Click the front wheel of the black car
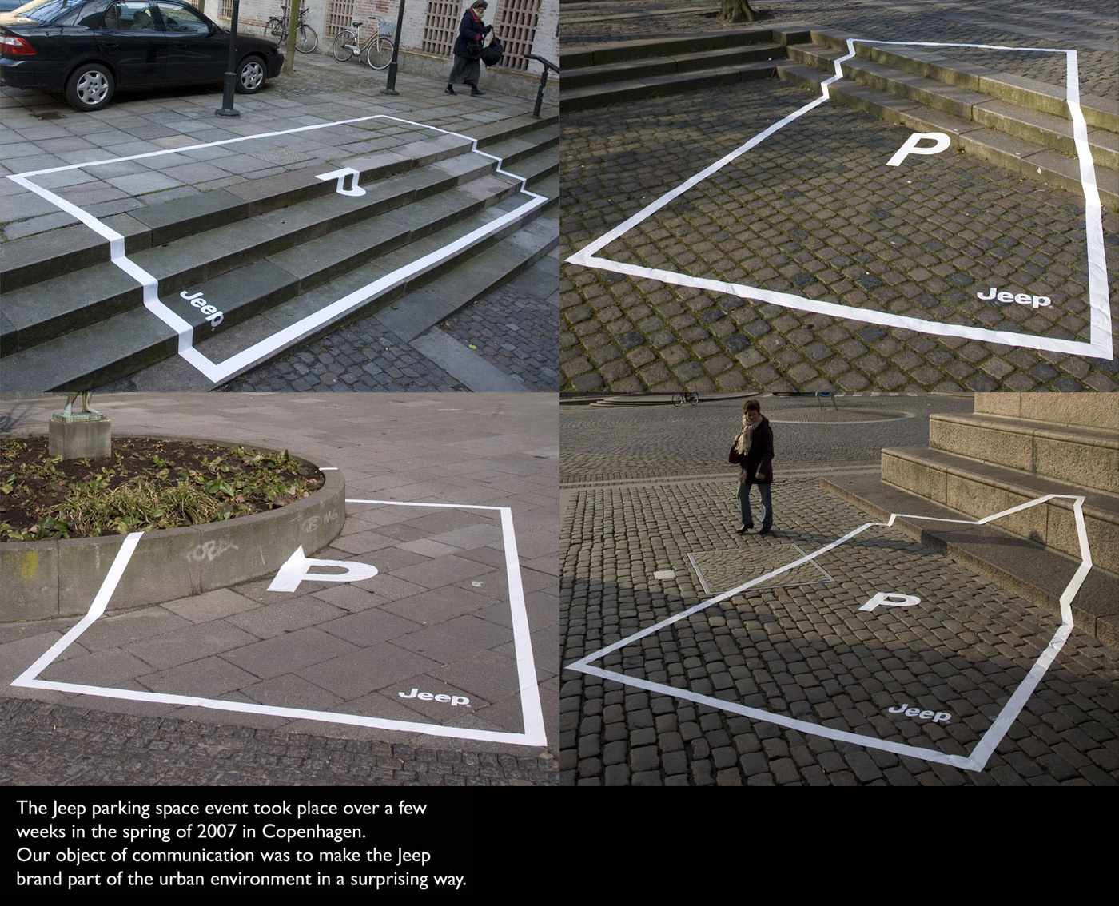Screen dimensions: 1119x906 (252, 74)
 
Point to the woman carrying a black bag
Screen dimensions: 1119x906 (472, 48)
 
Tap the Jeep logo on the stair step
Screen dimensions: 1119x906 (201, 309)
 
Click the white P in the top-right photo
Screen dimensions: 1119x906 (918, 149)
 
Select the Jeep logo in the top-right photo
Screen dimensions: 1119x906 (1014, 298)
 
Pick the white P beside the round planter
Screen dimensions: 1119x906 (322, 570)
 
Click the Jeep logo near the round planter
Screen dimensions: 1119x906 (435, 698)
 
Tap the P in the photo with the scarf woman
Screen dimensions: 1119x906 (888, 602)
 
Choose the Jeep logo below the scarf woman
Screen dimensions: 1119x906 (919, 713)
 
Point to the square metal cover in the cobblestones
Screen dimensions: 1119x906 (759, 568)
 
